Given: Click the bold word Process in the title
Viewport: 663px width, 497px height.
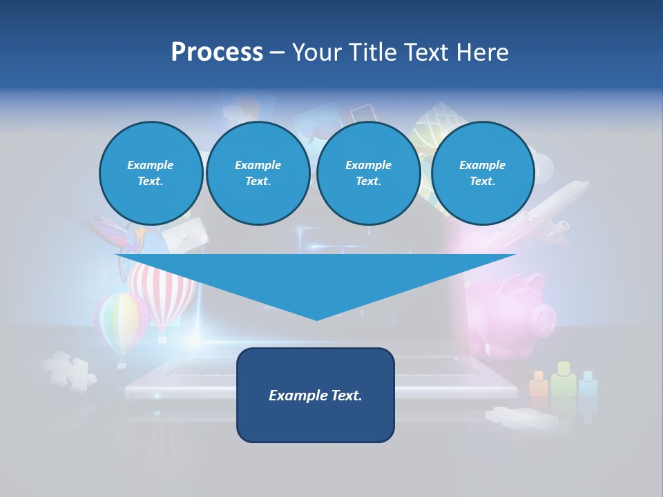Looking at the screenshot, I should tap(217, 52).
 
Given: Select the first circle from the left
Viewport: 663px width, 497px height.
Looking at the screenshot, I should tap(151, 173).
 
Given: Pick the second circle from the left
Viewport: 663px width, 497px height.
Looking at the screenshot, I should tap(258, 173).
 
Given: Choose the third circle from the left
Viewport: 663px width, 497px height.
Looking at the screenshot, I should tap(368, 173).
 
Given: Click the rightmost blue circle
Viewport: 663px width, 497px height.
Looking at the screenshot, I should tap(482, 173).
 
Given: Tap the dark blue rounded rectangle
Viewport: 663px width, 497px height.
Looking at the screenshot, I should tap(316, 395).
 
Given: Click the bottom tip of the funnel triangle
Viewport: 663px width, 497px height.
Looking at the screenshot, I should tap(316, 317).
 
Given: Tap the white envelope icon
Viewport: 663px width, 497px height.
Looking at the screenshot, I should tap(184, 235).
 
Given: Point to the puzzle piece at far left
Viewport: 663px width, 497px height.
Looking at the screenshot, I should tap(68, 370).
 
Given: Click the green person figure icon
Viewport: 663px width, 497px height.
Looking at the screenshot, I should tap(564, 379).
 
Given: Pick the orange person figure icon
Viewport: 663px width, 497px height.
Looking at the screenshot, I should tap(539, 384).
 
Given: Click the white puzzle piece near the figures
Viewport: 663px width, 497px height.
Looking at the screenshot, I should tap(518, 417).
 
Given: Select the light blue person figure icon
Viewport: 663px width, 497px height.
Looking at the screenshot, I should tap(588, 384).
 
